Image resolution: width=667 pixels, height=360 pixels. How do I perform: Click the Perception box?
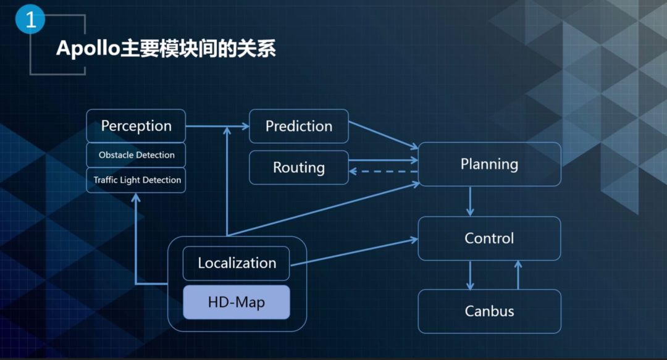point(136,126)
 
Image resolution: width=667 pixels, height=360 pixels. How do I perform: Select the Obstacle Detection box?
point(136,155)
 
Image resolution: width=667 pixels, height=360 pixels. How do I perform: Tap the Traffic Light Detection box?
point(136,180)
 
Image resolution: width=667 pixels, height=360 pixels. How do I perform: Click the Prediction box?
point(299,126)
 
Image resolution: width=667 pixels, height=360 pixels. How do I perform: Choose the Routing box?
point(299,167)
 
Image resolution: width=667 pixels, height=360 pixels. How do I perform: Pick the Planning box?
point(489,164)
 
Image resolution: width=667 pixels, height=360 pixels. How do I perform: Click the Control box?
point(489,238)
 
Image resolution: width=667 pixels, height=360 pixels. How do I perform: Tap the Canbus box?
point(489,311)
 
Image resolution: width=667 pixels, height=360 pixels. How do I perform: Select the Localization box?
point(237,263)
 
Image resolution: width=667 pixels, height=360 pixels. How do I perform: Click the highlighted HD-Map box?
point(237,303)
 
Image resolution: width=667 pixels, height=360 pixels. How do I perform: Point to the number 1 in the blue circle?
point(30,19)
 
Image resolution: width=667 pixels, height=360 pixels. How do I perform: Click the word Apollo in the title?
point(86,49)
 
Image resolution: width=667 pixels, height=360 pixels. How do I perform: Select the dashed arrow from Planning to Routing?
point(383,172)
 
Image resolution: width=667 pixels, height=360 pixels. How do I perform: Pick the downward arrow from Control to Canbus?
point(470,275)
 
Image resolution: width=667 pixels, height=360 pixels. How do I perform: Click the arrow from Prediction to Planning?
point(383,134)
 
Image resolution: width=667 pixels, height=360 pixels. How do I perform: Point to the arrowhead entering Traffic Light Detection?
point(136,198)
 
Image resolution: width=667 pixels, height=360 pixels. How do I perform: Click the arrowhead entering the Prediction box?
point(245,127)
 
